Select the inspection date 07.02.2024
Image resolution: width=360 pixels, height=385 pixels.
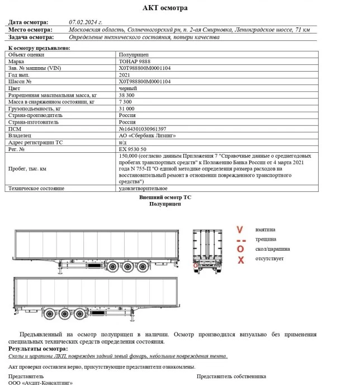86,22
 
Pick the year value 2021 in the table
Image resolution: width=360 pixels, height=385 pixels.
125,74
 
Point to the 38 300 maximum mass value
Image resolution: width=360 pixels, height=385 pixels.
128,95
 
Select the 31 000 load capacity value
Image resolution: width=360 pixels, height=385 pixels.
128,109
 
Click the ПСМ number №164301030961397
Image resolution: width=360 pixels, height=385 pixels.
143,129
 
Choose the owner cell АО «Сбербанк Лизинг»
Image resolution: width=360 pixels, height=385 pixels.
147,135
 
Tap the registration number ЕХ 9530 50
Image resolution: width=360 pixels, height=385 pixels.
133,149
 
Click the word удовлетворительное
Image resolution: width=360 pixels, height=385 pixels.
144,189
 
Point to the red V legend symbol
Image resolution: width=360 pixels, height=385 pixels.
240,229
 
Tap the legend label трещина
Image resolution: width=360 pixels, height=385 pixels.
264,239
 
